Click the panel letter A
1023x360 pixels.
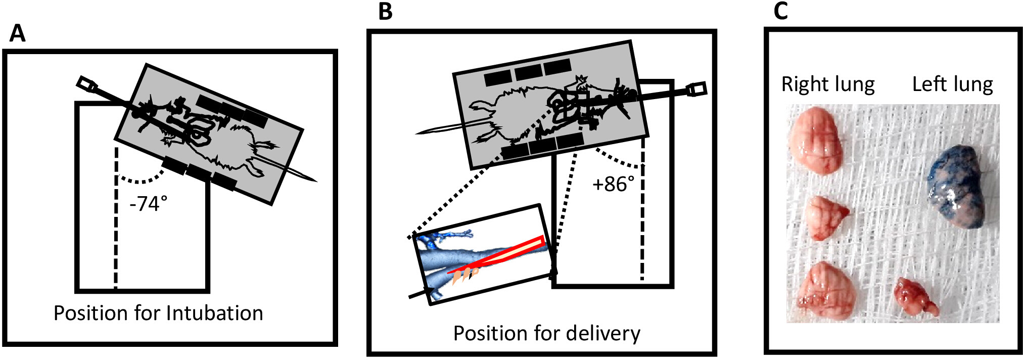click(17, 33)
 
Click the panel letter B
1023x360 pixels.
click(385, 11)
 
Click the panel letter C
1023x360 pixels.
click(781, 11)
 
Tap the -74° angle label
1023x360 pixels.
click(148, 203)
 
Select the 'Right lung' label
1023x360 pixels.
click(828, 84)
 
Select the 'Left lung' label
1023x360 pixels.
click(952, 84)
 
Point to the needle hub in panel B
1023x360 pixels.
click(697, 89)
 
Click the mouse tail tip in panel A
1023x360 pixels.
click(316, 181)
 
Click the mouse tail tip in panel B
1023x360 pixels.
click(416, 133)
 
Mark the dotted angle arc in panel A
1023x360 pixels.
click(141, 181)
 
